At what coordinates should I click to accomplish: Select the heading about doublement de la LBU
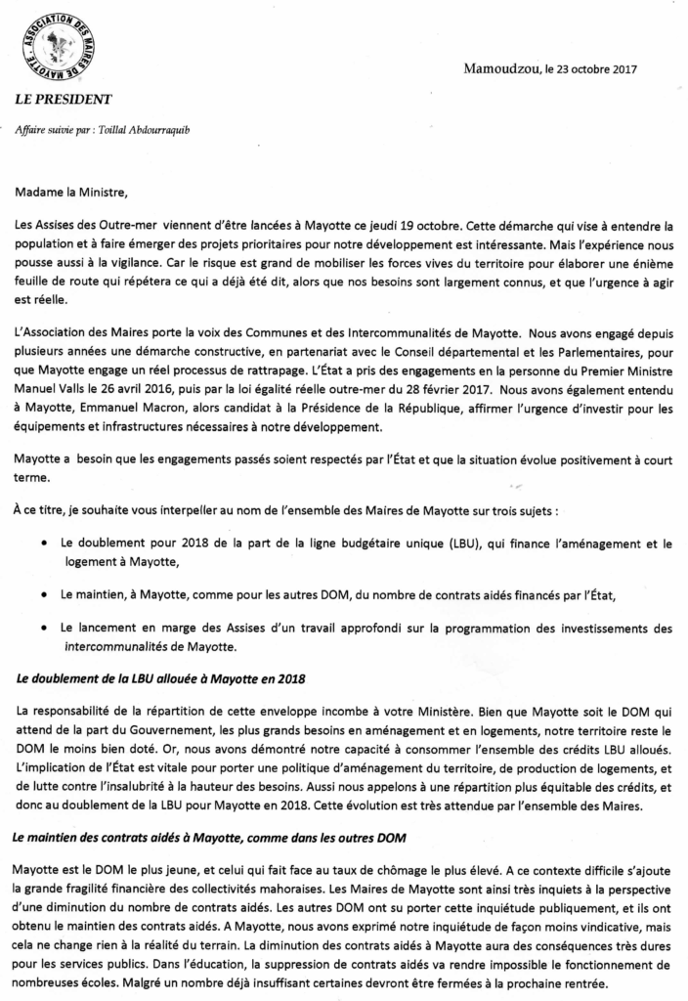click(147, 678)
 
